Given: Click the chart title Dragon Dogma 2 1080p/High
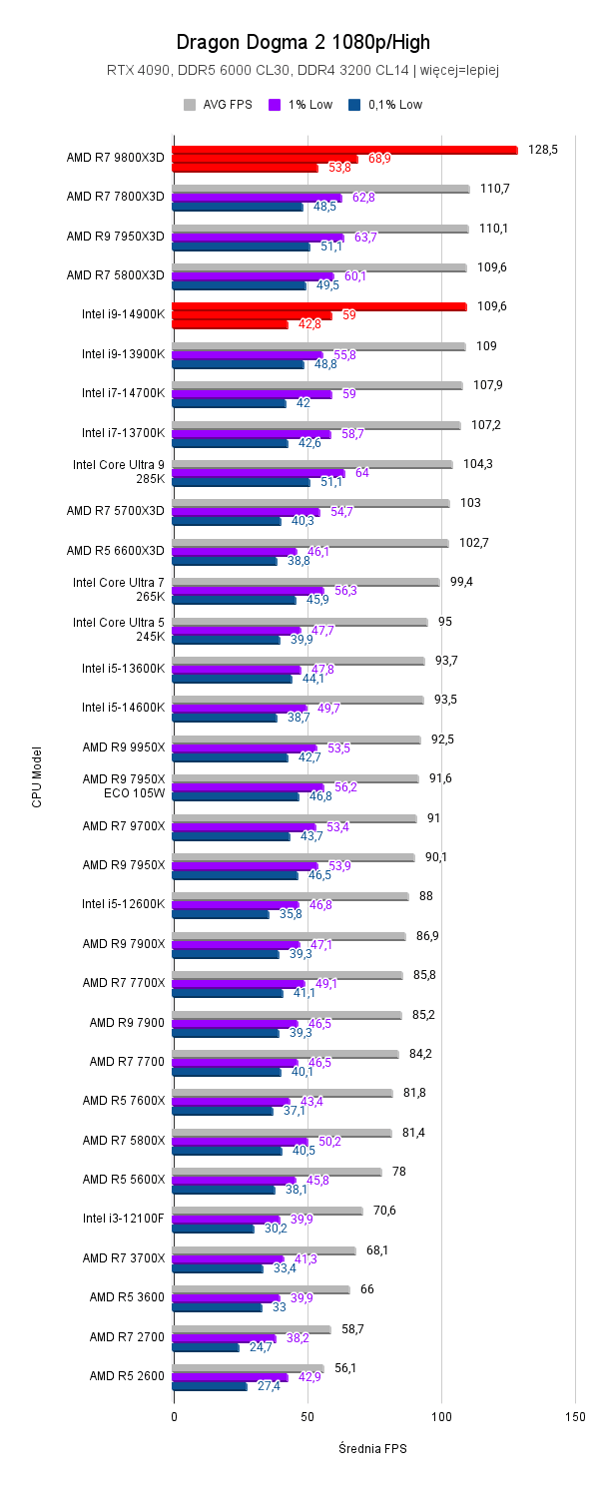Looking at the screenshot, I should [x=303, y=42].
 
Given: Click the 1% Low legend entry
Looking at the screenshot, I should [x=305, y=104].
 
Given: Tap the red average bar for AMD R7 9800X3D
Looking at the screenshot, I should [x=344, y=150].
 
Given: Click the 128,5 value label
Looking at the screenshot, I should [x=542, y=149].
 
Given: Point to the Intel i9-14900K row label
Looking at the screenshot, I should [x=123, y=313].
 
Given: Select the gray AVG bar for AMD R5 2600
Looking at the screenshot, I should [x=248, y=1368].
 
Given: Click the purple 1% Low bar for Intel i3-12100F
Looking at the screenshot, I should [x=226, y=1220].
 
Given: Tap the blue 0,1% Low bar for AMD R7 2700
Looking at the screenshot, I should [x=206, y=1347].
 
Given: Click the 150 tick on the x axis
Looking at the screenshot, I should [x=574, y=1417].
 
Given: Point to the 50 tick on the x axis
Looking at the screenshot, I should [x=306, y=1417].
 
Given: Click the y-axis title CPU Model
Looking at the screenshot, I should [x=37, y=776].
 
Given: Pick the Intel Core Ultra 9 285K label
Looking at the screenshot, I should [x=118, y=472].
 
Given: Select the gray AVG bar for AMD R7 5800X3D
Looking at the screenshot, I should [x=319, y=267].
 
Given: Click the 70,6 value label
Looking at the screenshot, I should [x=384, y=1211].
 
